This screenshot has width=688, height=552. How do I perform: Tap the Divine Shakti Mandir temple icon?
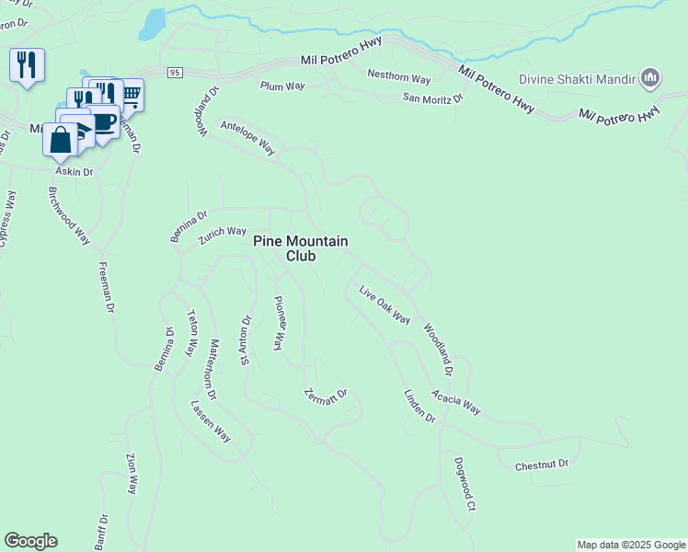point(649,78)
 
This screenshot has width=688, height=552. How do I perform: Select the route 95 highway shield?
point(176,72)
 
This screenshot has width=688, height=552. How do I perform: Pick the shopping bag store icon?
point(61,140)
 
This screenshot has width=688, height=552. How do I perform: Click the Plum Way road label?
point(282,86)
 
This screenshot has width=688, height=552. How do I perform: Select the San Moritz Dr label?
point(430,98)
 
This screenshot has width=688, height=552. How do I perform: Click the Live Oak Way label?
point(384,305)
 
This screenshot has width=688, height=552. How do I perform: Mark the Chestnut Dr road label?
point(542,466)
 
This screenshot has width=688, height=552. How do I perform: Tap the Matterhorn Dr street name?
point(212,370)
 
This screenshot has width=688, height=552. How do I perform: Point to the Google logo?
point(31,541)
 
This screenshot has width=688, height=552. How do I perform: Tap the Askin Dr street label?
point(75,172)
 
